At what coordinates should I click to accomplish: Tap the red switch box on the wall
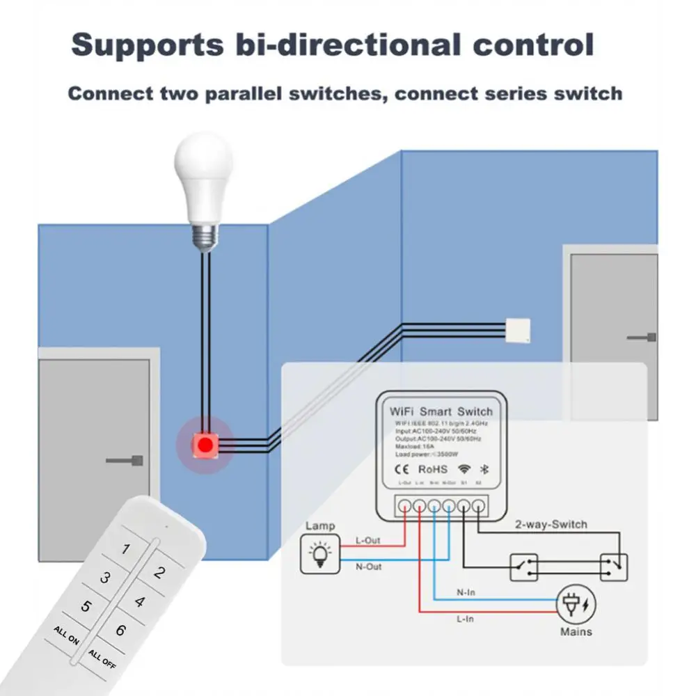click(x=205, y=443)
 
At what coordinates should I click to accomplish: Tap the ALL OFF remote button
click(x=103, y=658)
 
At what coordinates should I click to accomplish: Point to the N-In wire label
click(x=466, y=592)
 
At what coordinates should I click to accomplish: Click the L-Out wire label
click(x=367, y=541)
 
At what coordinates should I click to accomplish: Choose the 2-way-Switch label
click(x=551, y=524)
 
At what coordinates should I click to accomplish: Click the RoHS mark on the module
click(x=432, y=469)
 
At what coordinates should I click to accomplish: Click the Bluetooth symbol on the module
click(x=484, y=469)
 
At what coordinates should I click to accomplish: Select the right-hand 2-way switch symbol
click(x=612, y=567)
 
